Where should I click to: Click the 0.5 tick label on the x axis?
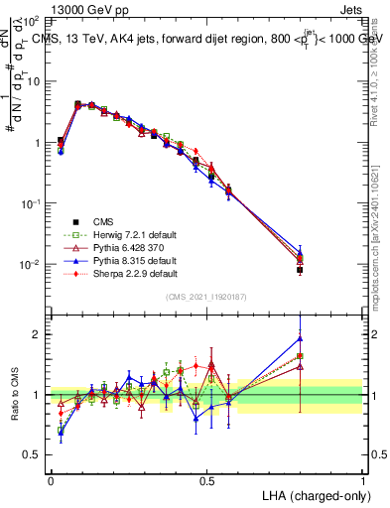pyautogui.click(x=206, y=480)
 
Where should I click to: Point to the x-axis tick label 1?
pyautogui.click(x=362, y=480)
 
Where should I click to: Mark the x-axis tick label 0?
pyautogui.click(x=51, y=480)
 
